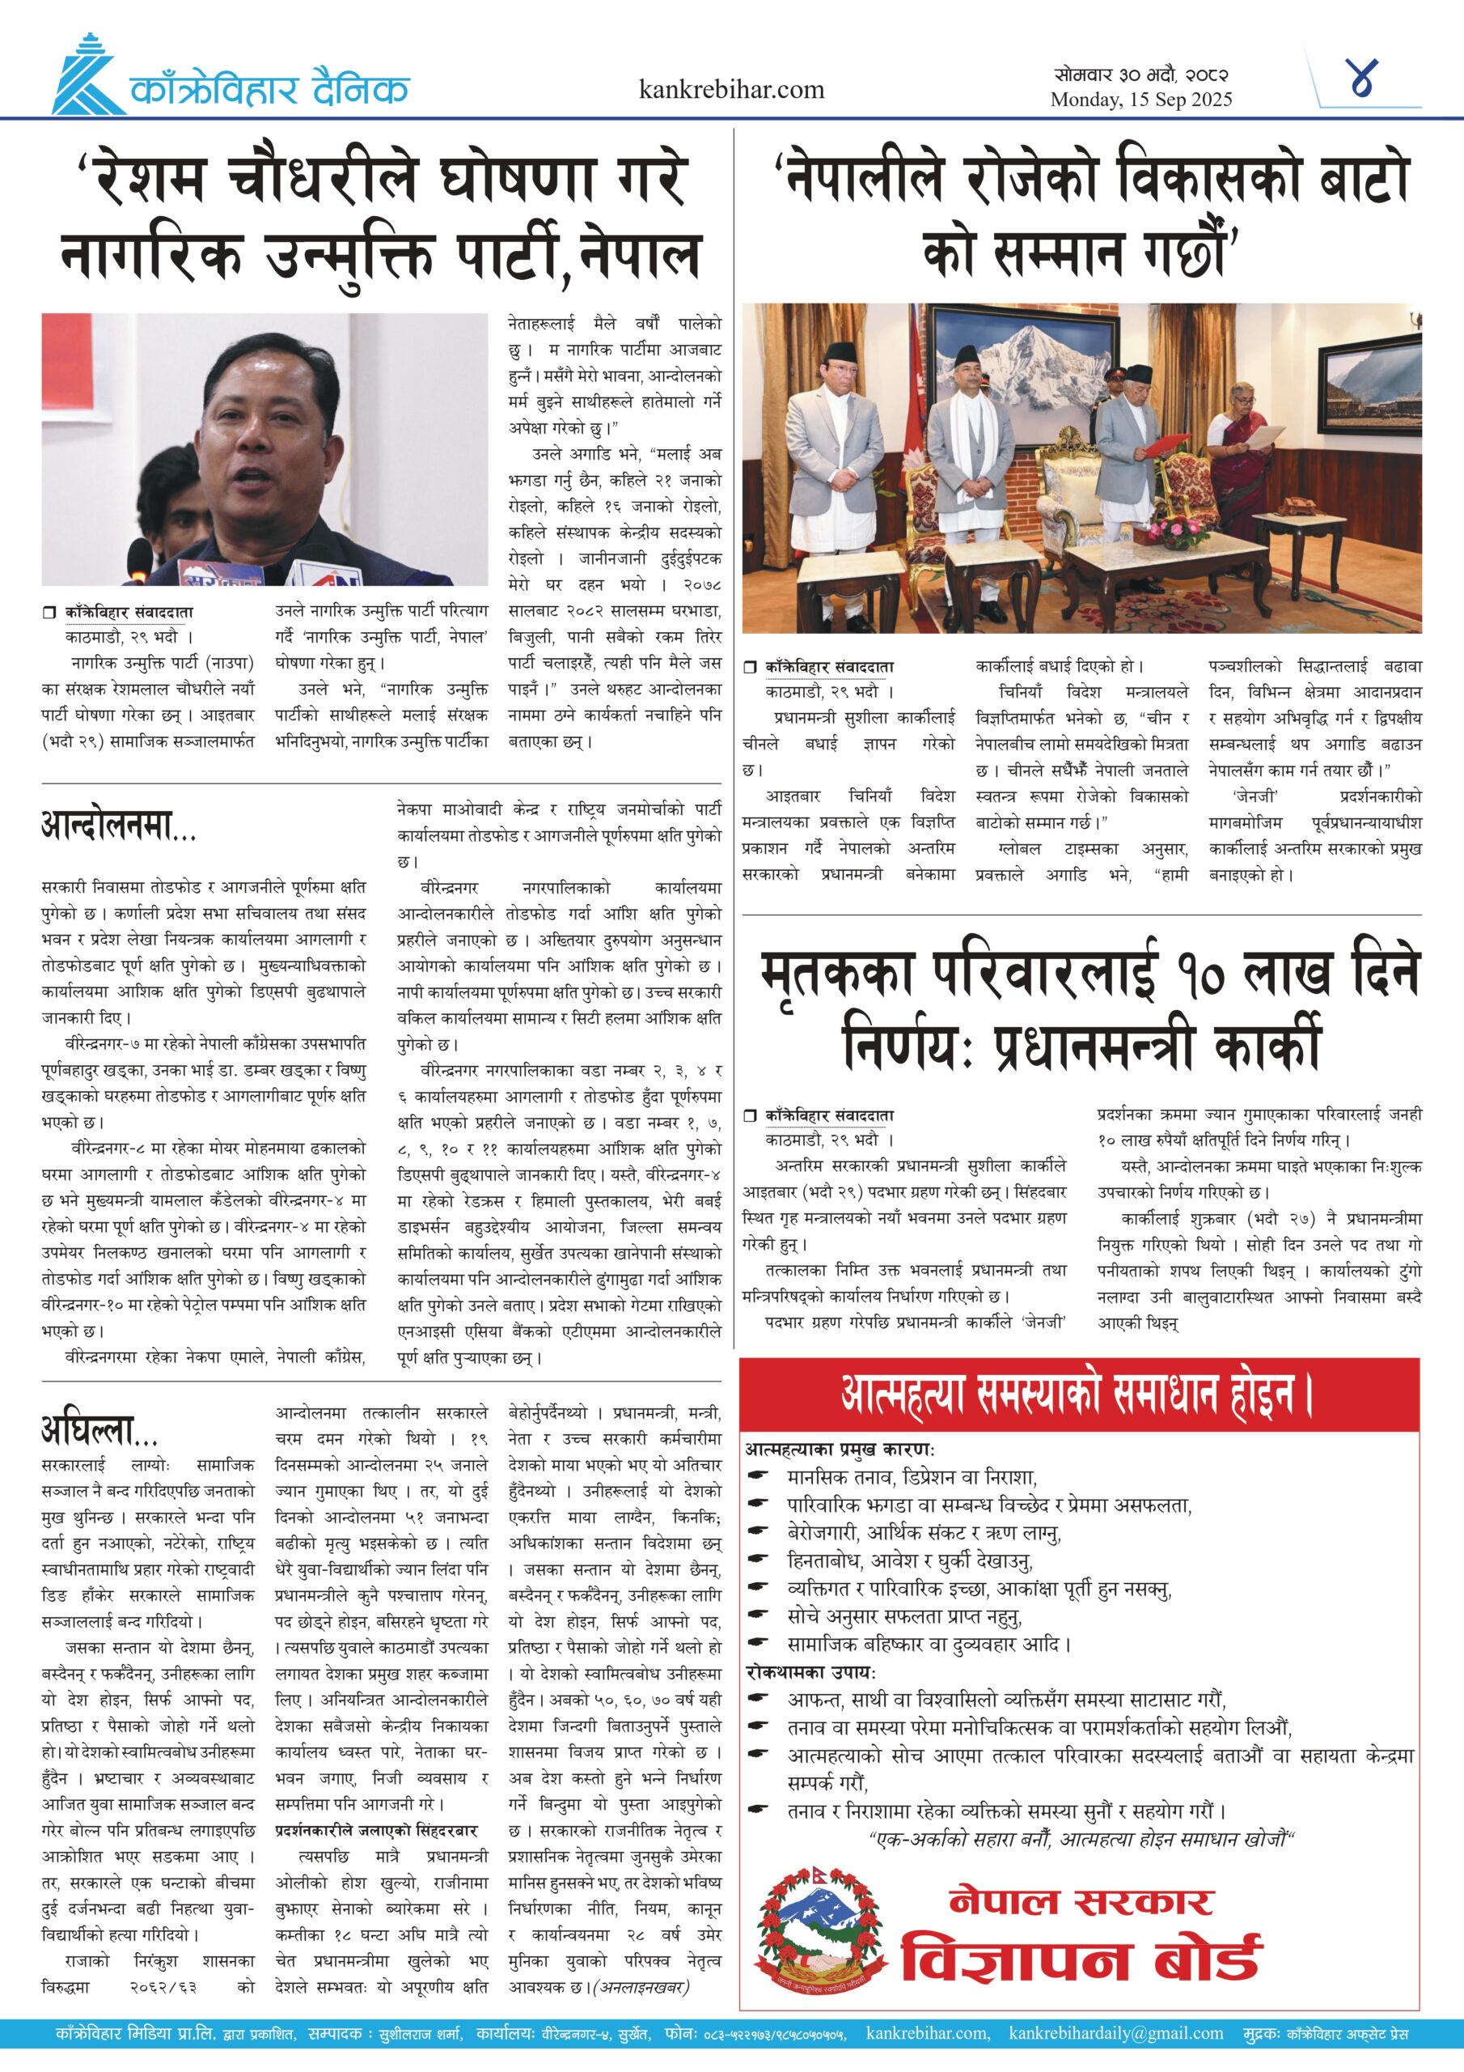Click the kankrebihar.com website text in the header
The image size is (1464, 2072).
tap(730, 89)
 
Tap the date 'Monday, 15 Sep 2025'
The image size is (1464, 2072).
tap(1140, 100)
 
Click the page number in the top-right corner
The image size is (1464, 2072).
tap(1363, 79)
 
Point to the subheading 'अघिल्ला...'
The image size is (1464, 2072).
tap(99, 1430)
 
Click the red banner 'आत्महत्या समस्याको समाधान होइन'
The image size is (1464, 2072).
tap(1078, 1395)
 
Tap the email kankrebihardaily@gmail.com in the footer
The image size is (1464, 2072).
tap(1116, 2033)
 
